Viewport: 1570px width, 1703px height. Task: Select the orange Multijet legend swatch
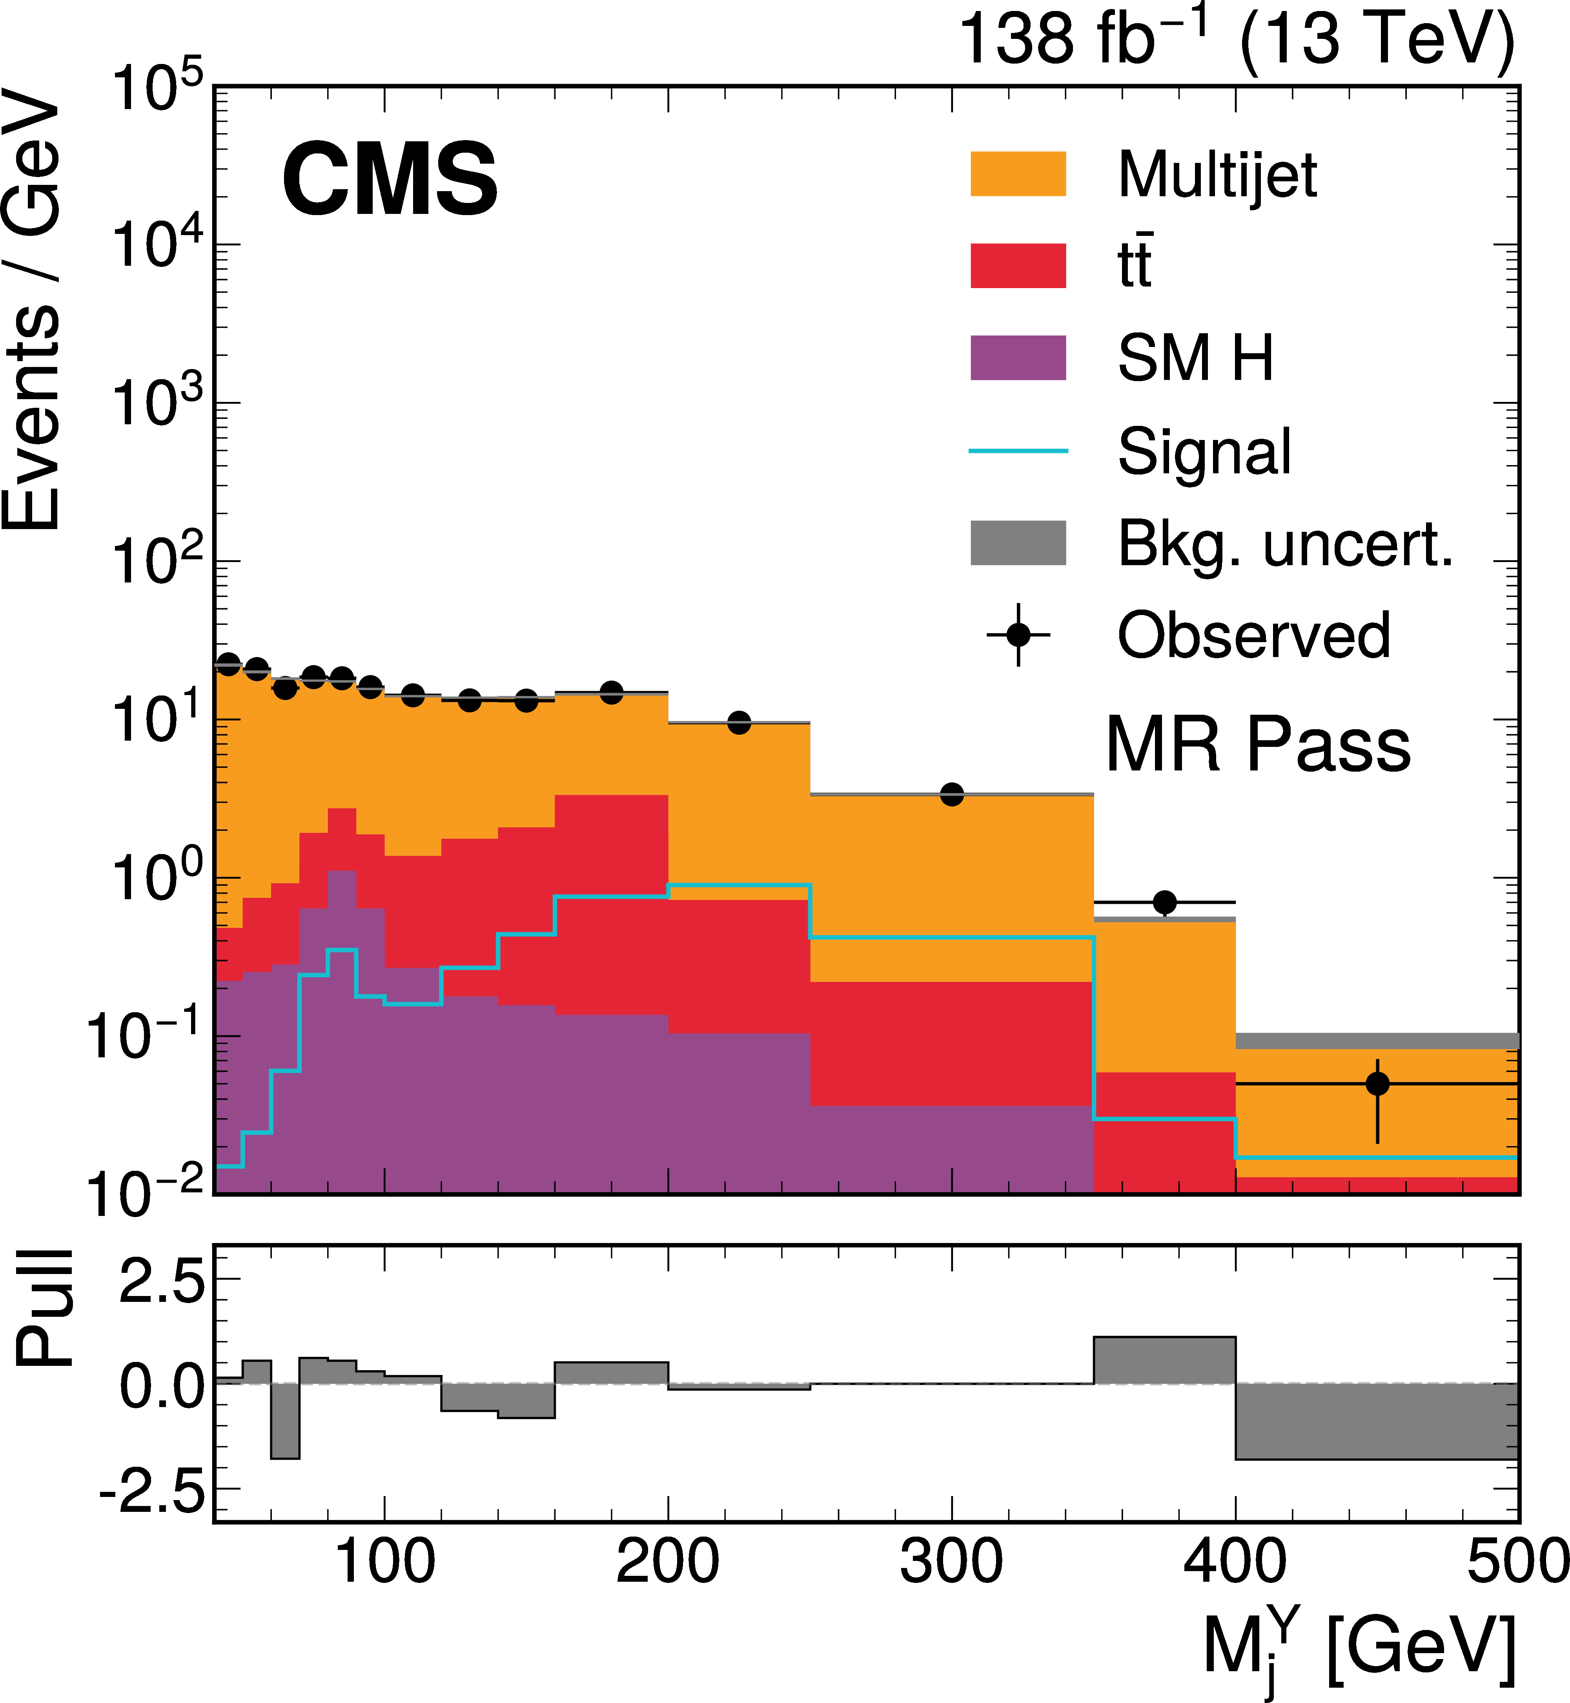click(x=1018, y=174)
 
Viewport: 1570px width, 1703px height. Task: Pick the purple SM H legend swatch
click(x=1018, y=358)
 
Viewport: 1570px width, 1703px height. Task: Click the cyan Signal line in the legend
click(x=1018, y=451)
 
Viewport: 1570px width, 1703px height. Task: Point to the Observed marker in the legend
click(x=1018, y=635)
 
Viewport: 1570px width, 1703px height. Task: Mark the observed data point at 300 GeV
click(x=951, y=794)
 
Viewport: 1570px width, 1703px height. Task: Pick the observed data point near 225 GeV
click(x=739, y=723)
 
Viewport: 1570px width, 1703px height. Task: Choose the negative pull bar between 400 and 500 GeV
click(x=1376, y=1421)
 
